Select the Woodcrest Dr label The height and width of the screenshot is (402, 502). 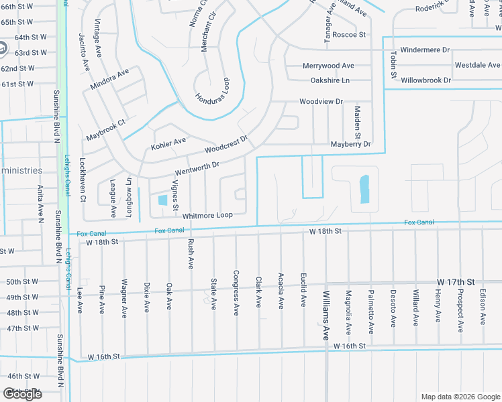pos(226,143)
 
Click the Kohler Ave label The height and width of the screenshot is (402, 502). pos(168,142)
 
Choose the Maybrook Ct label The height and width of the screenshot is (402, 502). pos(106,131)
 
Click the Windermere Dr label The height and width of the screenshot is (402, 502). pos(425,50)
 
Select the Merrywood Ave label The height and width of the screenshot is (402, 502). pos(328,66)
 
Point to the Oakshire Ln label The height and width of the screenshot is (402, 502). pos(330,80)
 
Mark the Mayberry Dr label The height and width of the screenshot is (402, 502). pos(350,144)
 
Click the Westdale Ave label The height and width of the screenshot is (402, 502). pos(477,65)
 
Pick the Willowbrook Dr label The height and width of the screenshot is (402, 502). pos(425,80)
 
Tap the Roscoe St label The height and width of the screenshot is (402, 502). pos(348,35)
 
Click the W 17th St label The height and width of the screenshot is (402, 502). pos(456,282)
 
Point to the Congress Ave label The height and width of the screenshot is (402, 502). pos(236,292)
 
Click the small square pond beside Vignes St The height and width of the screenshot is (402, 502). pos(162,200)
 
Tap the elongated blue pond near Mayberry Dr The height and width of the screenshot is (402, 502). pos(364,189)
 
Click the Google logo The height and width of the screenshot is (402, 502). pos(22,393)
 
